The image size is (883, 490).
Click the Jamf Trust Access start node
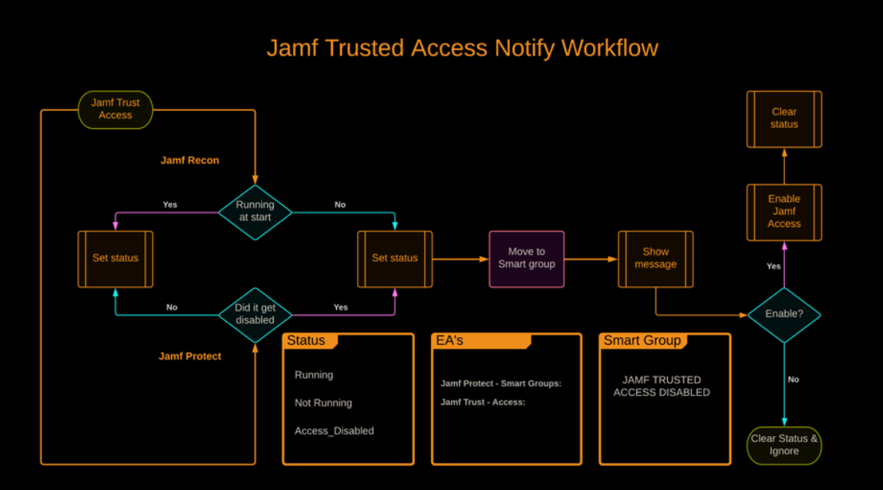pyautogui.click(x=116, y=110)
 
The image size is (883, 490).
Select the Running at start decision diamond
pyautogui.click(x=255, y=211)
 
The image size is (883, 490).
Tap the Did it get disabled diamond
pyautogui.click(x=255, y=314)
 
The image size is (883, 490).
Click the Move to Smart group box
pyautogui.click(x=527, y=259)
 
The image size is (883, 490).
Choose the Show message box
pyautogui.click(x=656, y=259)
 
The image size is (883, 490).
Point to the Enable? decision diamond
pyautogui.click(x=784, y=315)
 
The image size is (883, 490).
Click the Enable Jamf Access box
pyautogui.click(x=784, y=211)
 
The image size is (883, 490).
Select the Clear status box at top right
pyautogui.click(x=784, y=119)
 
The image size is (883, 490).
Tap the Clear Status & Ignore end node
pyautogui.click(x=784, y=445)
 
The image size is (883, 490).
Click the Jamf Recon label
pyautogui.click(x=190, y=161)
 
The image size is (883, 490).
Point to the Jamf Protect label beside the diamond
pyautogui.click(x=190, y=357)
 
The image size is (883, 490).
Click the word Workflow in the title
pyautogui.click(x=610, y=48)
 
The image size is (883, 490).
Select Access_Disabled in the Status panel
pyautogui.click(x=334, y=431)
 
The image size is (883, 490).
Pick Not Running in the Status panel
pyautogui.click(x=323, y=403)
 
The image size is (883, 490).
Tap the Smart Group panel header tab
pyautogui.click(x=642, y=340)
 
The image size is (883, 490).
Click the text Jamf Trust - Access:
pyautogui.click(x=483, y=402)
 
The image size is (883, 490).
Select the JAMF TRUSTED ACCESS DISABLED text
pyautogui.click(x=662, y=386)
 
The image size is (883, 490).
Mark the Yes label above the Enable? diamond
pyautogui.click(x=773, y=266)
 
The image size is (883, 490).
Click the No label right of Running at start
pyautogui.click(x=340, y=204)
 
